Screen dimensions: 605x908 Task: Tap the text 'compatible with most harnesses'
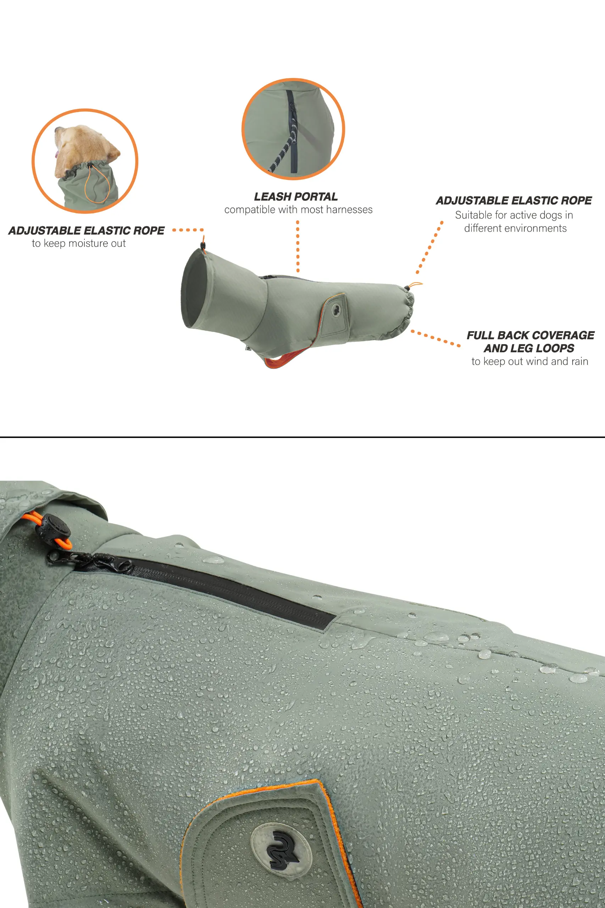298,210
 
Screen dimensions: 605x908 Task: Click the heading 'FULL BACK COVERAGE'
531,335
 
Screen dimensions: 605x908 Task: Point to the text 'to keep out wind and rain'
530,361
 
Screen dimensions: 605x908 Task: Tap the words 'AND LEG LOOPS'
529,348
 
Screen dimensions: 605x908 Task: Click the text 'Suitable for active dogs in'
514,215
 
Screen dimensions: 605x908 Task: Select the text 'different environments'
516,228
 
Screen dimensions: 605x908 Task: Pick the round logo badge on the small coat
337,309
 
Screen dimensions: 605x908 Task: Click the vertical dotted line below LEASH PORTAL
298,247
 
